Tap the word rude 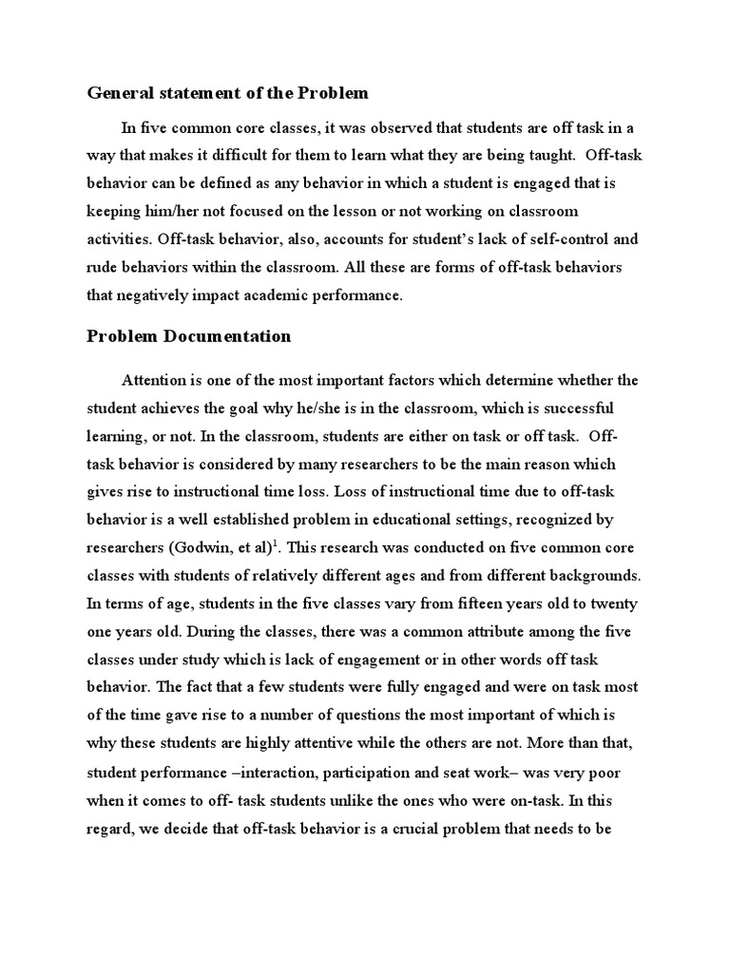pos(102,266)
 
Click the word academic pos(275,296)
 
